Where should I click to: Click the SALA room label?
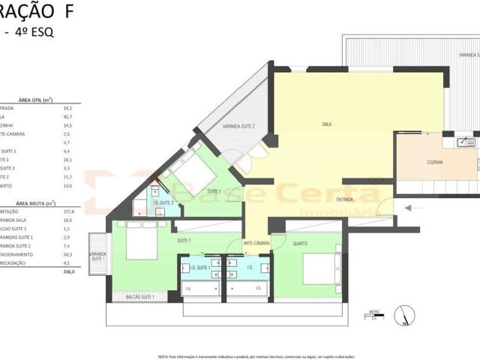(x=326, y=124)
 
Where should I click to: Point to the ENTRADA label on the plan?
(x=345, y=199)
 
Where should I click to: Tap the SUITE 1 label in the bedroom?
(x=184, y=240)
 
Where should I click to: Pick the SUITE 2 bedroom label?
(x=214, y=191)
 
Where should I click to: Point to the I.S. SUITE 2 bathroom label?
(x=163, y=202)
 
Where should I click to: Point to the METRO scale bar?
(x=374, y=315)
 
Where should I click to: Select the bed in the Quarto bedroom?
(x=322, y=268)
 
